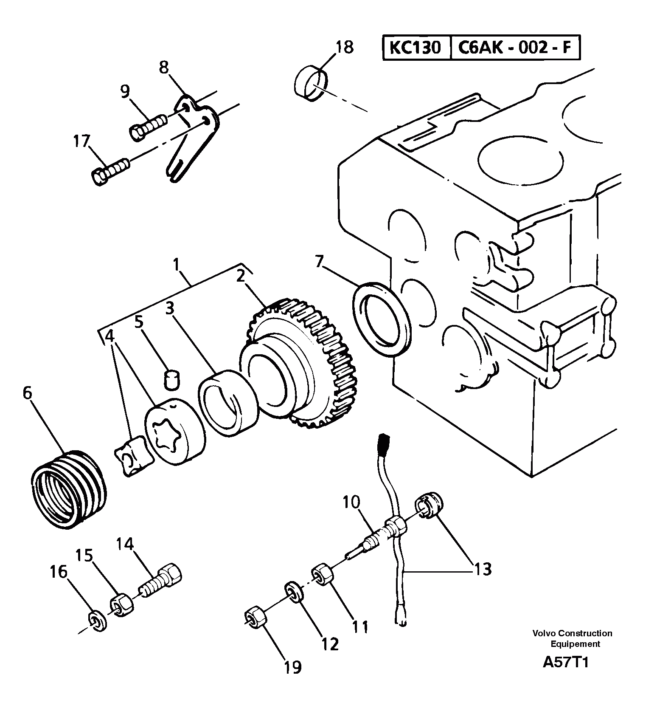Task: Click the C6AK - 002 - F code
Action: (x=515, y=48)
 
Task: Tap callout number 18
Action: (x=345, y=47)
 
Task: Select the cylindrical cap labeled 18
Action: (x=312, y=83)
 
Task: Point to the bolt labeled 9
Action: (x=148, y=126)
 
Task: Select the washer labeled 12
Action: (x=293, y=592)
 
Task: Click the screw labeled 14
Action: (x=161, y=580)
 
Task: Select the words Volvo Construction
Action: (x=572, y=633)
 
